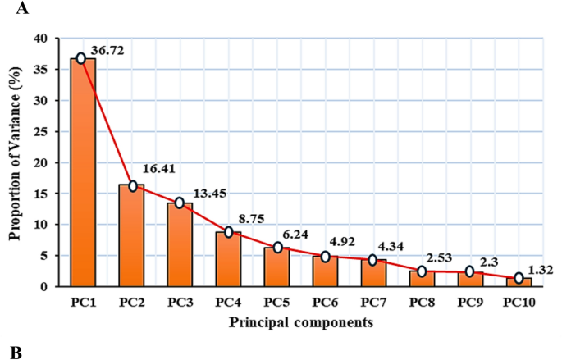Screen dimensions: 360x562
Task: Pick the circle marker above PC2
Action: (x=132, y=186)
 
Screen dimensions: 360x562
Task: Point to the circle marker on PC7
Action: (x=374, y=260)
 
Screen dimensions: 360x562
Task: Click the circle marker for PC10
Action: (x=519, y=278)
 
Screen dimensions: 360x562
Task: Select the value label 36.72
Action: (x=112, y=52)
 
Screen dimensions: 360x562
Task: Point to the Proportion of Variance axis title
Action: (x=14, y=162)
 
